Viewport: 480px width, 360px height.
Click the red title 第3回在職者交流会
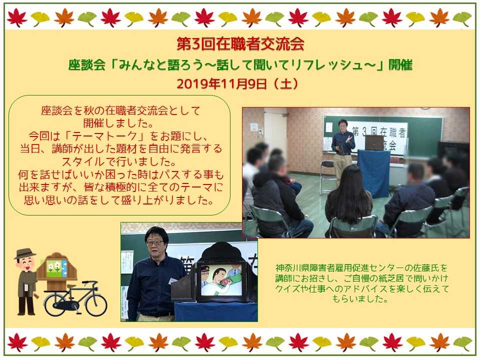coord(240,44)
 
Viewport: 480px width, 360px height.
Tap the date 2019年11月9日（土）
coord(237,83)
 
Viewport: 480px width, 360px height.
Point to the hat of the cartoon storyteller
coord(25,253)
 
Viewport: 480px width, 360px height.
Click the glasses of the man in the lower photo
coord(155,242)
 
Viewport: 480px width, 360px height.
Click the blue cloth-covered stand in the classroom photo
coord(374,173)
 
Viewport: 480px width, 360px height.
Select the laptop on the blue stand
coord(373,142)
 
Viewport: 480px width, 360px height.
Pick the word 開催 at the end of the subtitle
coord(400,65)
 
